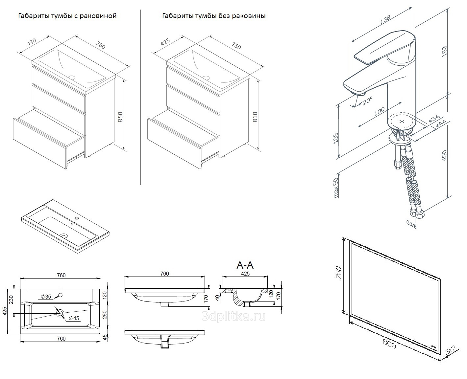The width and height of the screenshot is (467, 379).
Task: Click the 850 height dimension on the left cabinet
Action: [x=120, y=117]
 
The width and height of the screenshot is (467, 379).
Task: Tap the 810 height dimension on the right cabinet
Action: [x=255, y=117]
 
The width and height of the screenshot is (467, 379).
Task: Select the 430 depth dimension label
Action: [x=32, y=43]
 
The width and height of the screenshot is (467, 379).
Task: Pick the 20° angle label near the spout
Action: [x=367, y=100]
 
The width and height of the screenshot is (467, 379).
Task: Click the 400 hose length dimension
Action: [x=444, y=155]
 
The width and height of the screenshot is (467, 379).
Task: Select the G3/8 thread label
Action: [x=411, y=225]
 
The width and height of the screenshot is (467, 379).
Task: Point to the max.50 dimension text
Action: [x=336, y=188]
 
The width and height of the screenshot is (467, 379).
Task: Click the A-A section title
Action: [x=245, y=265]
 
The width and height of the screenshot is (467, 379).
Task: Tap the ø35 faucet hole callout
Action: [x=46, y=297]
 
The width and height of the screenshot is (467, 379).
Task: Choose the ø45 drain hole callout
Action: [x=74, y=318]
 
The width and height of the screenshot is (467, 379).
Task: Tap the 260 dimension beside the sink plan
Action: [x=105, y=315]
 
